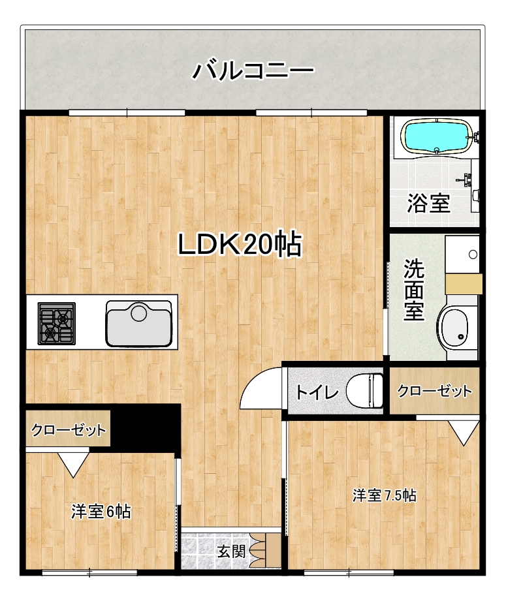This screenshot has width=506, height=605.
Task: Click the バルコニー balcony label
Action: coord(253,70)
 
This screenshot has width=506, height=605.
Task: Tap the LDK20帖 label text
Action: coord(240,245)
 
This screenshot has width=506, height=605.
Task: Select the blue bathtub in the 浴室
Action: coord(437,136)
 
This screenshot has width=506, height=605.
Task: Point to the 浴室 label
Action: coord(429,203)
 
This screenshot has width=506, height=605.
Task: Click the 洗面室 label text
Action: coord(414,290)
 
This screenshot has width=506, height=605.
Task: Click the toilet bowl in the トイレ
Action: coord(365,390)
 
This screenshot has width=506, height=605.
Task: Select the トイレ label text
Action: coord(317,392)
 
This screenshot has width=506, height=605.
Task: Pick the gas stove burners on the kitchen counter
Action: coord(56,323)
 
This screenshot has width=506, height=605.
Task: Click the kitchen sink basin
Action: coord(139,323)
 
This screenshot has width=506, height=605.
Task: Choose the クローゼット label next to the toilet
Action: coord(435,391)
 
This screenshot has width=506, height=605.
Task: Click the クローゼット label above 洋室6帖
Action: coord(69,430)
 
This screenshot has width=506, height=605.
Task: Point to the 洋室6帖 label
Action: coord(101,512)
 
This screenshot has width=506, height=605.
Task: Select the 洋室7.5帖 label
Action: coord(385,495)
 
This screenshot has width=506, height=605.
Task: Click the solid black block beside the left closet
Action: coord(146,426)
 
